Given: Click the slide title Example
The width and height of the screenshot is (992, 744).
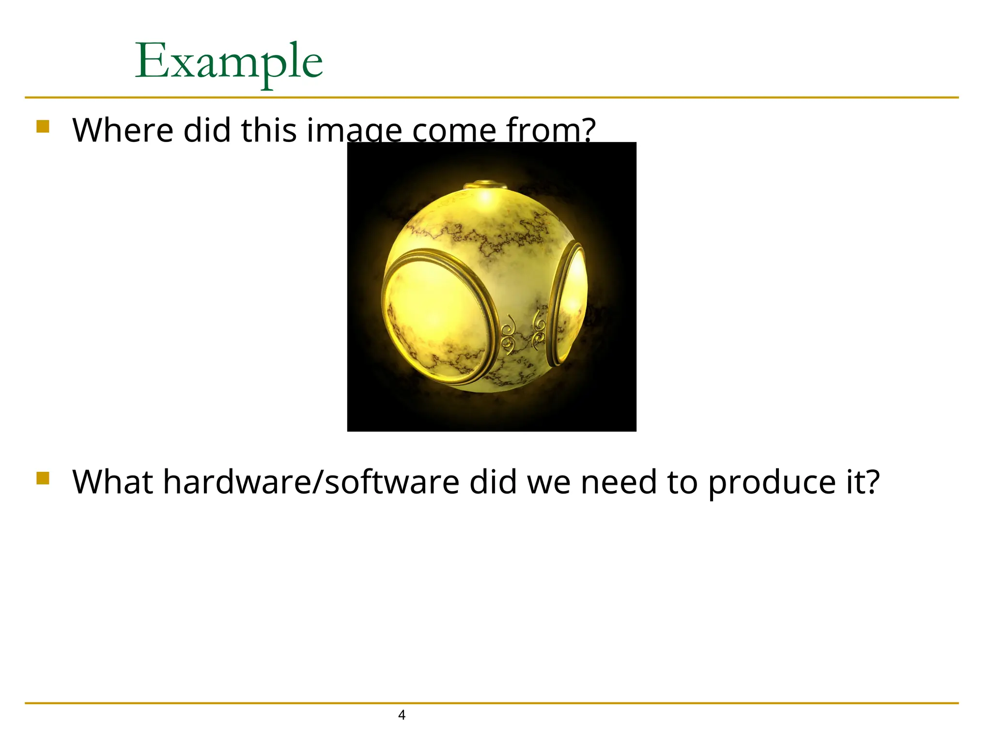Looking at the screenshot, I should point(229,62).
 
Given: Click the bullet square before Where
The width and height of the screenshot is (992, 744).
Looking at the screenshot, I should point(43,126).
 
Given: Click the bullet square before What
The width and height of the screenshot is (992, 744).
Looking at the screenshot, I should point(43,478).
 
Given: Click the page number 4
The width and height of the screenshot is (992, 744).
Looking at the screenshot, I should point(401,715).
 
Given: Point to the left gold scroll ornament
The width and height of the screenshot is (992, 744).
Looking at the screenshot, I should point(509,335).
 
